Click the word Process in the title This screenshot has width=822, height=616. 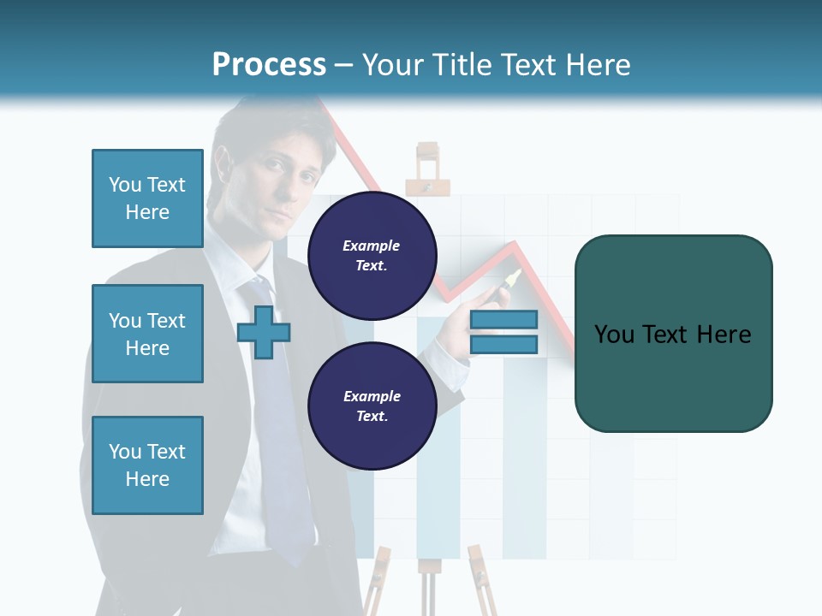click(x=269, y=65)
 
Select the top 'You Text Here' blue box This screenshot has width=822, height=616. click(x=147, y=198)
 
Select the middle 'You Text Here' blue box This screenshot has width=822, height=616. click(x=147, y=334)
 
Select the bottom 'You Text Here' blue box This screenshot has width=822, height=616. click(x=147, y=465)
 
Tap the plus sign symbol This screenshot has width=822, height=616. click(x=263, y=333)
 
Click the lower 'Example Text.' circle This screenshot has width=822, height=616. click(x=372, y=406)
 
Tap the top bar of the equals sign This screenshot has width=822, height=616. click(x=503, y=319)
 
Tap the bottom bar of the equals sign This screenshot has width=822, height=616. click(x=503, y=345)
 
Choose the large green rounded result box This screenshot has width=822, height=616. click(x=673, y=334)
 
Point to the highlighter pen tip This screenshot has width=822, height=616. click(x=515, y=275)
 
